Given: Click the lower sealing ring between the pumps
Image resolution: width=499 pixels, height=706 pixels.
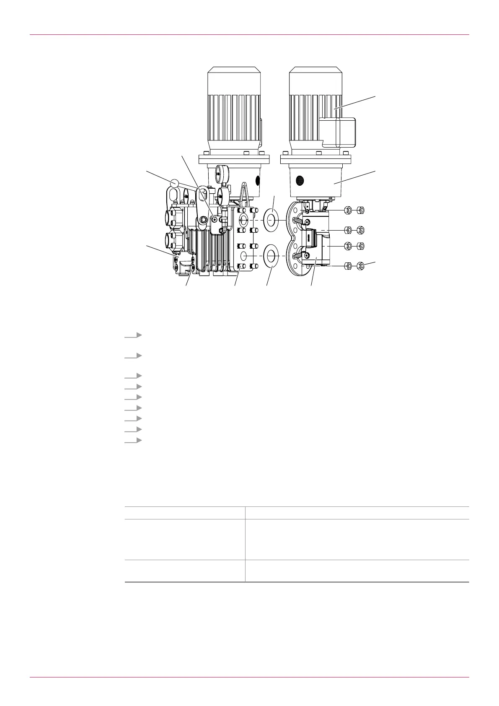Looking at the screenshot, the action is (x=271, y=256).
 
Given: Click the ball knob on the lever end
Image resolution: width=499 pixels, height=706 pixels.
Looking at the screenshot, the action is (x=175, y=183).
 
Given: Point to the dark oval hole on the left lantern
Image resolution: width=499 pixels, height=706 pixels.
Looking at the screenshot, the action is (x=258, y=181).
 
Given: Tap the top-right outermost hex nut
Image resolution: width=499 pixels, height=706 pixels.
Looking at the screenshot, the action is (x=362, y=210).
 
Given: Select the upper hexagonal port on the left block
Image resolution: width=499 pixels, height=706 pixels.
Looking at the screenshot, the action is (x=172, y=217).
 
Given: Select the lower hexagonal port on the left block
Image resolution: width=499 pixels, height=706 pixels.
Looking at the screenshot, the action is (x=172, y=240).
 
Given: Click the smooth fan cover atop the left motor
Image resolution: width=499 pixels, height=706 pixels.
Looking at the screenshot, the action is (x=234, y=80).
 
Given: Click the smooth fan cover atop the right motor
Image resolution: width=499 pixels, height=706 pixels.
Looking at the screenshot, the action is (x=316, y=80).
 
